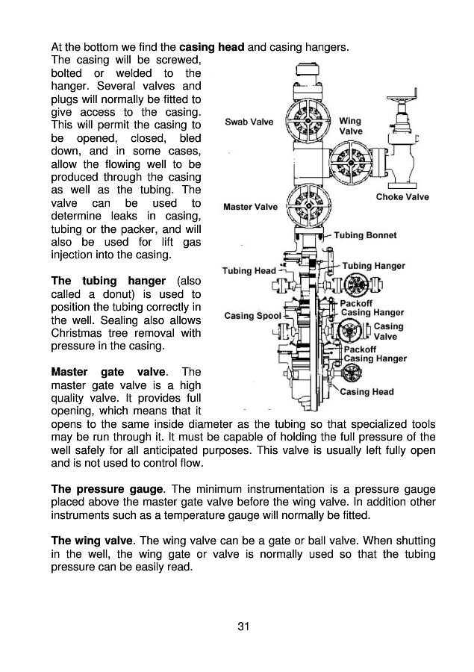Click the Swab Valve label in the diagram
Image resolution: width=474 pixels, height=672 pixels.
tap(250, 122)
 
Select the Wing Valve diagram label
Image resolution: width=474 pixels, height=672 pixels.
tap(351, 125)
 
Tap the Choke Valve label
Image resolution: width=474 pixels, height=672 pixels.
tap(402, 197)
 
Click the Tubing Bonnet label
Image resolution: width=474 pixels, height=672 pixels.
tap(365, 235)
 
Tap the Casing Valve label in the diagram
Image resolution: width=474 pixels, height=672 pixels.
tap(388, 331)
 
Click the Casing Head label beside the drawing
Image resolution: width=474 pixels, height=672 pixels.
tap(367, 391)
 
